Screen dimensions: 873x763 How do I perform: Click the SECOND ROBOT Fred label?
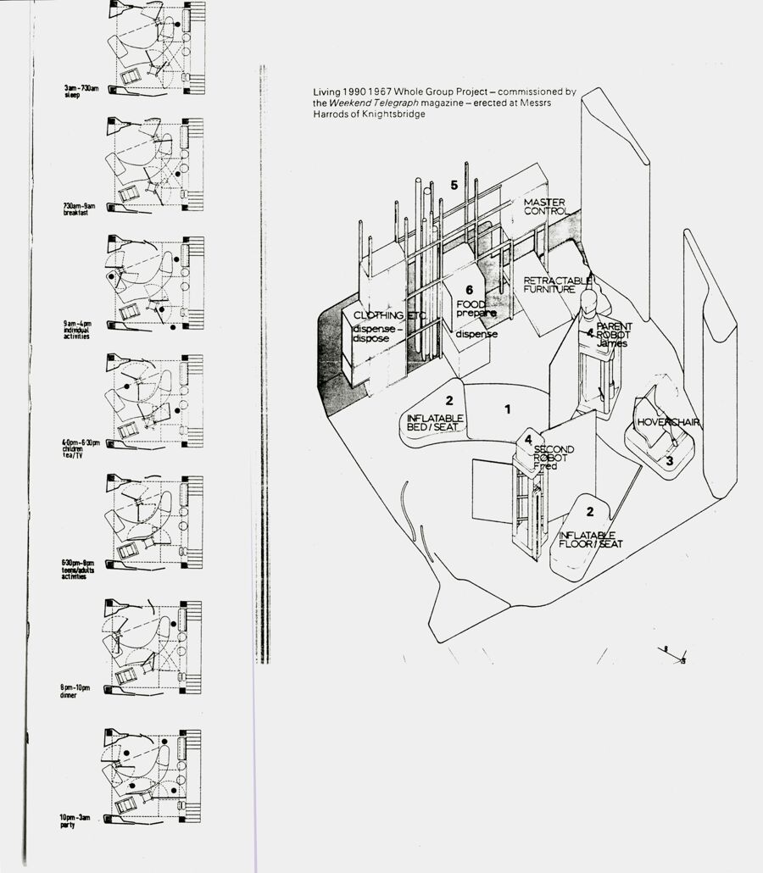(553, 458)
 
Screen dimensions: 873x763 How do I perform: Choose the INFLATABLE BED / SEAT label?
(435, 423)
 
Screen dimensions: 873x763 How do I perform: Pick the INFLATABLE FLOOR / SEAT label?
(591, 539)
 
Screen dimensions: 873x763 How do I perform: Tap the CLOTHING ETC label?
(389, 316)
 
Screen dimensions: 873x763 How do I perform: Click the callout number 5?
(454, 185)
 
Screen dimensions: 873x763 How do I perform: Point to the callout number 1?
(508, 409)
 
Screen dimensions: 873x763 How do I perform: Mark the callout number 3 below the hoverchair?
(669, 461)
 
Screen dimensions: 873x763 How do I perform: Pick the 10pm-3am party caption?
(78, 820)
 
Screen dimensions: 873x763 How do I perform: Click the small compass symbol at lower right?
(676, 653)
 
